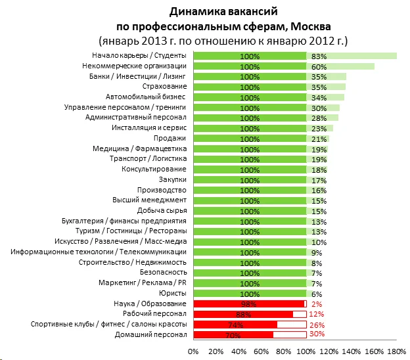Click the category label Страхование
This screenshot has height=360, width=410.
[x=165, y=87]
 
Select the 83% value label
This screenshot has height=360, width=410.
[x=319, y=56]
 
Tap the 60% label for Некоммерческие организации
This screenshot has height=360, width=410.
[x=319, y=66]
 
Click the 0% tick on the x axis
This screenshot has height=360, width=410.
[x=193, y=352]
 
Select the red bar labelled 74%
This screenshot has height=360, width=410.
[x=235, y=325]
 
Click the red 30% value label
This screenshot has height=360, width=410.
[x=317, y=334]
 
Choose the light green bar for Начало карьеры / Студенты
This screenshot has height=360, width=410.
[x=352, y=56]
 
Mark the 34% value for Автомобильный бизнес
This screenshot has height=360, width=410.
[x=319, y=97]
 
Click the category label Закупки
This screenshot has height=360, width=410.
[x=173, y=179]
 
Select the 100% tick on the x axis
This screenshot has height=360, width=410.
[x=306, y=352]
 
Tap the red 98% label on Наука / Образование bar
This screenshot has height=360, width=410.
[x=249, y=304]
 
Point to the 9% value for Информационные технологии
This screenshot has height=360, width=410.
[x=317, y=252]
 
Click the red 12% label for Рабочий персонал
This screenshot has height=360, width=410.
[x=317, y=314]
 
